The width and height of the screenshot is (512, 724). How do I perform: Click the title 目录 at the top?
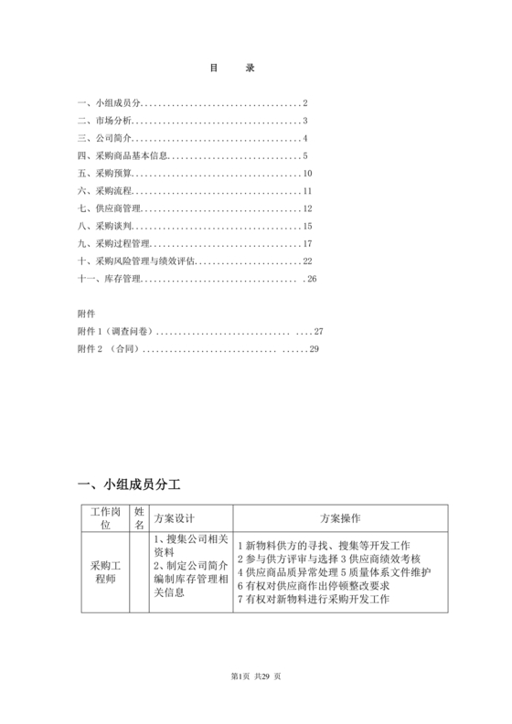tap(232, 68)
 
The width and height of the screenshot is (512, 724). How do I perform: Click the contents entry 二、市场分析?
tap(105, 121)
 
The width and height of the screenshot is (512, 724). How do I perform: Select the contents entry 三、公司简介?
tap(105, 138)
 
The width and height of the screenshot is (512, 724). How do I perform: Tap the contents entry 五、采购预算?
tap(105, 173)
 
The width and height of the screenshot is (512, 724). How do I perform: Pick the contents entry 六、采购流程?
tap(105, 190)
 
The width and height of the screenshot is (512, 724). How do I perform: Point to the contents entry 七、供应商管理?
tap(110, 208)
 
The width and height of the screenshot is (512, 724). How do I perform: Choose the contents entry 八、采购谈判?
tap(105, 226)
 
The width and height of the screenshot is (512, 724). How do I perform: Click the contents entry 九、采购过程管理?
tap(113, 243)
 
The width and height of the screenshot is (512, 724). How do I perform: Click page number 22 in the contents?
tap(308, 261)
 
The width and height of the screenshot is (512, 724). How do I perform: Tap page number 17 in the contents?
tap(308, 243)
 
